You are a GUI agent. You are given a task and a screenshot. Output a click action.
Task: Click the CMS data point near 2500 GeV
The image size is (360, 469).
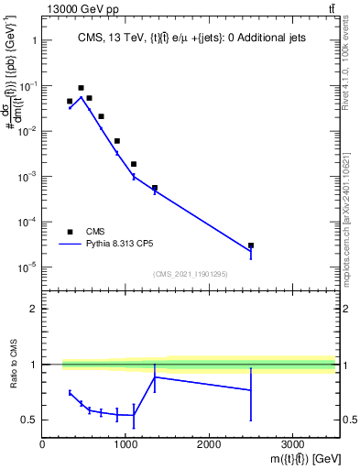pyautogui.click(x=251, y=245)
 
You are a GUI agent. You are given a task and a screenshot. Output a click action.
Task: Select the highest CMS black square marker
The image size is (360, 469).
pyautogui.click(x=81, y=88)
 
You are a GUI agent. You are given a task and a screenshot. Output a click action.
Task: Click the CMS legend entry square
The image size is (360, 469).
pyautogui.click(x=70, y=232)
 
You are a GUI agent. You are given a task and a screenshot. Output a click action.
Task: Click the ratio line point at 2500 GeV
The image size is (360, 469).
pyautogui.click(x=251, y=390)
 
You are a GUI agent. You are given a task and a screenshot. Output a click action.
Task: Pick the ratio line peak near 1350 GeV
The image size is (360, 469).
pyautogui.click(x=155, y=376)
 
